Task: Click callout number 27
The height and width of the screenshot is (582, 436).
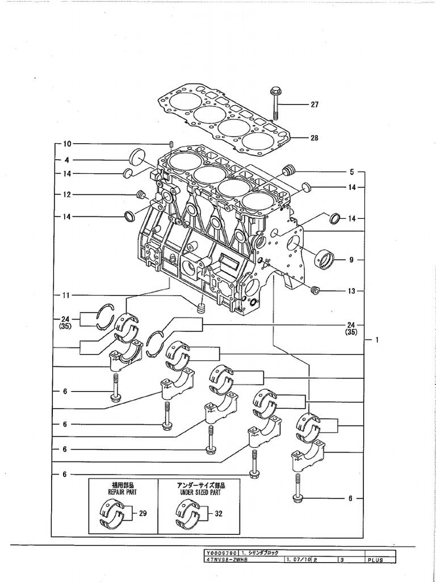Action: pos(314,105)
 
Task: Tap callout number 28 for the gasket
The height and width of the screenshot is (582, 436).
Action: pos(314,138)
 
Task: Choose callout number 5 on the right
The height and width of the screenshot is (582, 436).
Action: pos(351,171)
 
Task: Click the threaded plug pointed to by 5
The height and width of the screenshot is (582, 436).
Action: pos(288,170)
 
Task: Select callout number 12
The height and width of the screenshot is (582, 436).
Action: pos(66,195)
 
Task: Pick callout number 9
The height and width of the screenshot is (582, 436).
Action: pos(351,260)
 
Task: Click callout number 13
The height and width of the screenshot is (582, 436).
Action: pos(351,291)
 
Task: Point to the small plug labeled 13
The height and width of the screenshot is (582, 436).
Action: pos(317,291)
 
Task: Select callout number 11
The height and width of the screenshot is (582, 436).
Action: pos(66,295)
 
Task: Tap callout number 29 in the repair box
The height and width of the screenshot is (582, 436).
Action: pos(143,513)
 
